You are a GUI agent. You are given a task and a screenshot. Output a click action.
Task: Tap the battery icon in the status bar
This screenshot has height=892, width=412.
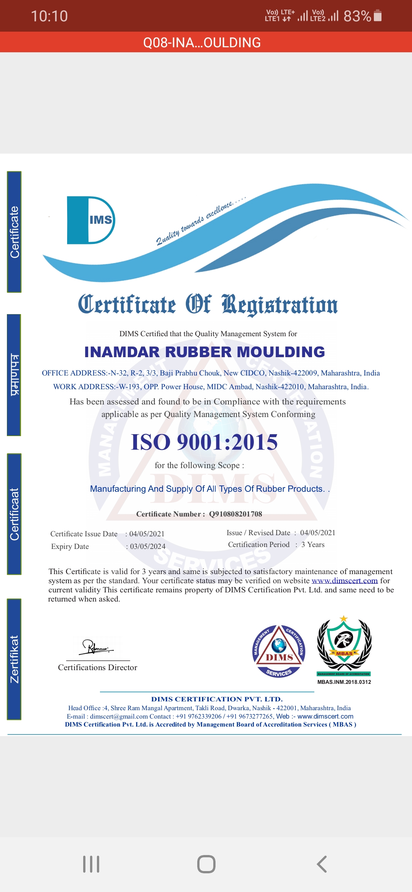point(378,16)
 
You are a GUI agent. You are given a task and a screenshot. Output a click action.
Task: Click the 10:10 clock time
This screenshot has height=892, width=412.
point(49,16)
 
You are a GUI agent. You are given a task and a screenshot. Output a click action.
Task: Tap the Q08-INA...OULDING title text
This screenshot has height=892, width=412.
point(202,42)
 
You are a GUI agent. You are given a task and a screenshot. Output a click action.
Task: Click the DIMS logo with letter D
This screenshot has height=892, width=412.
point(91,220)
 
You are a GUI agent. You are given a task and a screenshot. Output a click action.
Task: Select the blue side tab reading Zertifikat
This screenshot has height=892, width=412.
point(14,659)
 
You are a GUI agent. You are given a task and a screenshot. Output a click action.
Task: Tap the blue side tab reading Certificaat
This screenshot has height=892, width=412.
point(14,514)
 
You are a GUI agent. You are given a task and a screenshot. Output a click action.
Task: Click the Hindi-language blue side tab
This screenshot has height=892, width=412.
point(14,375)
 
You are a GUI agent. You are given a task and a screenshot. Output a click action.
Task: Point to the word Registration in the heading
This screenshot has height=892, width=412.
point(280,305)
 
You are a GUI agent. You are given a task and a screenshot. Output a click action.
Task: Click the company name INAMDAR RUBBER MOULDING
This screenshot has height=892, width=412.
point(204,352)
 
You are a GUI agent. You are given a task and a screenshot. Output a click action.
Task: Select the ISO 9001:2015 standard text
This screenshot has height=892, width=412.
point(204,442)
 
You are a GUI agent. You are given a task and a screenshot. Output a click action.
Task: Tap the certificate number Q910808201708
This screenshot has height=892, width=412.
point(235,514)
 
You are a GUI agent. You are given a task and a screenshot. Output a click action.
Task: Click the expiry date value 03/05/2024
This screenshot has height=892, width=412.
point(148,546)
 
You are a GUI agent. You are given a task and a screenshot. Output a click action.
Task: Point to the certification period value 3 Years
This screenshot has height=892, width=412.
point(313,544)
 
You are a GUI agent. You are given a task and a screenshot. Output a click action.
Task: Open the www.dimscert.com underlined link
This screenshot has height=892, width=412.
point(344,581)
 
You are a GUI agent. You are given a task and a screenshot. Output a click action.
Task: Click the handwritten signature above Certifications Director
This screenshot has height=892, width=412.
point(95,647)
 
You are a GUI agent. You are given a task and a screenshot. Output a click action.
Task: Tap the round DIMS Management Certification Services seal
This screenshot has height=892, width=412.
point(279,651)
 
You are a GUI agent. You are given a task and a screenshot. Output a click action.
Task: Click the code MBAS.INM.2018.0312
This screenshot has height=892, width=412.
point(344,682)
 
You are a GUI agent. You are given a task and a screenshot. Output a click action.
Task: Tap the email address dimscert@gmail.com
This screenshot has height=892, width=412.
point(119,716)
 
